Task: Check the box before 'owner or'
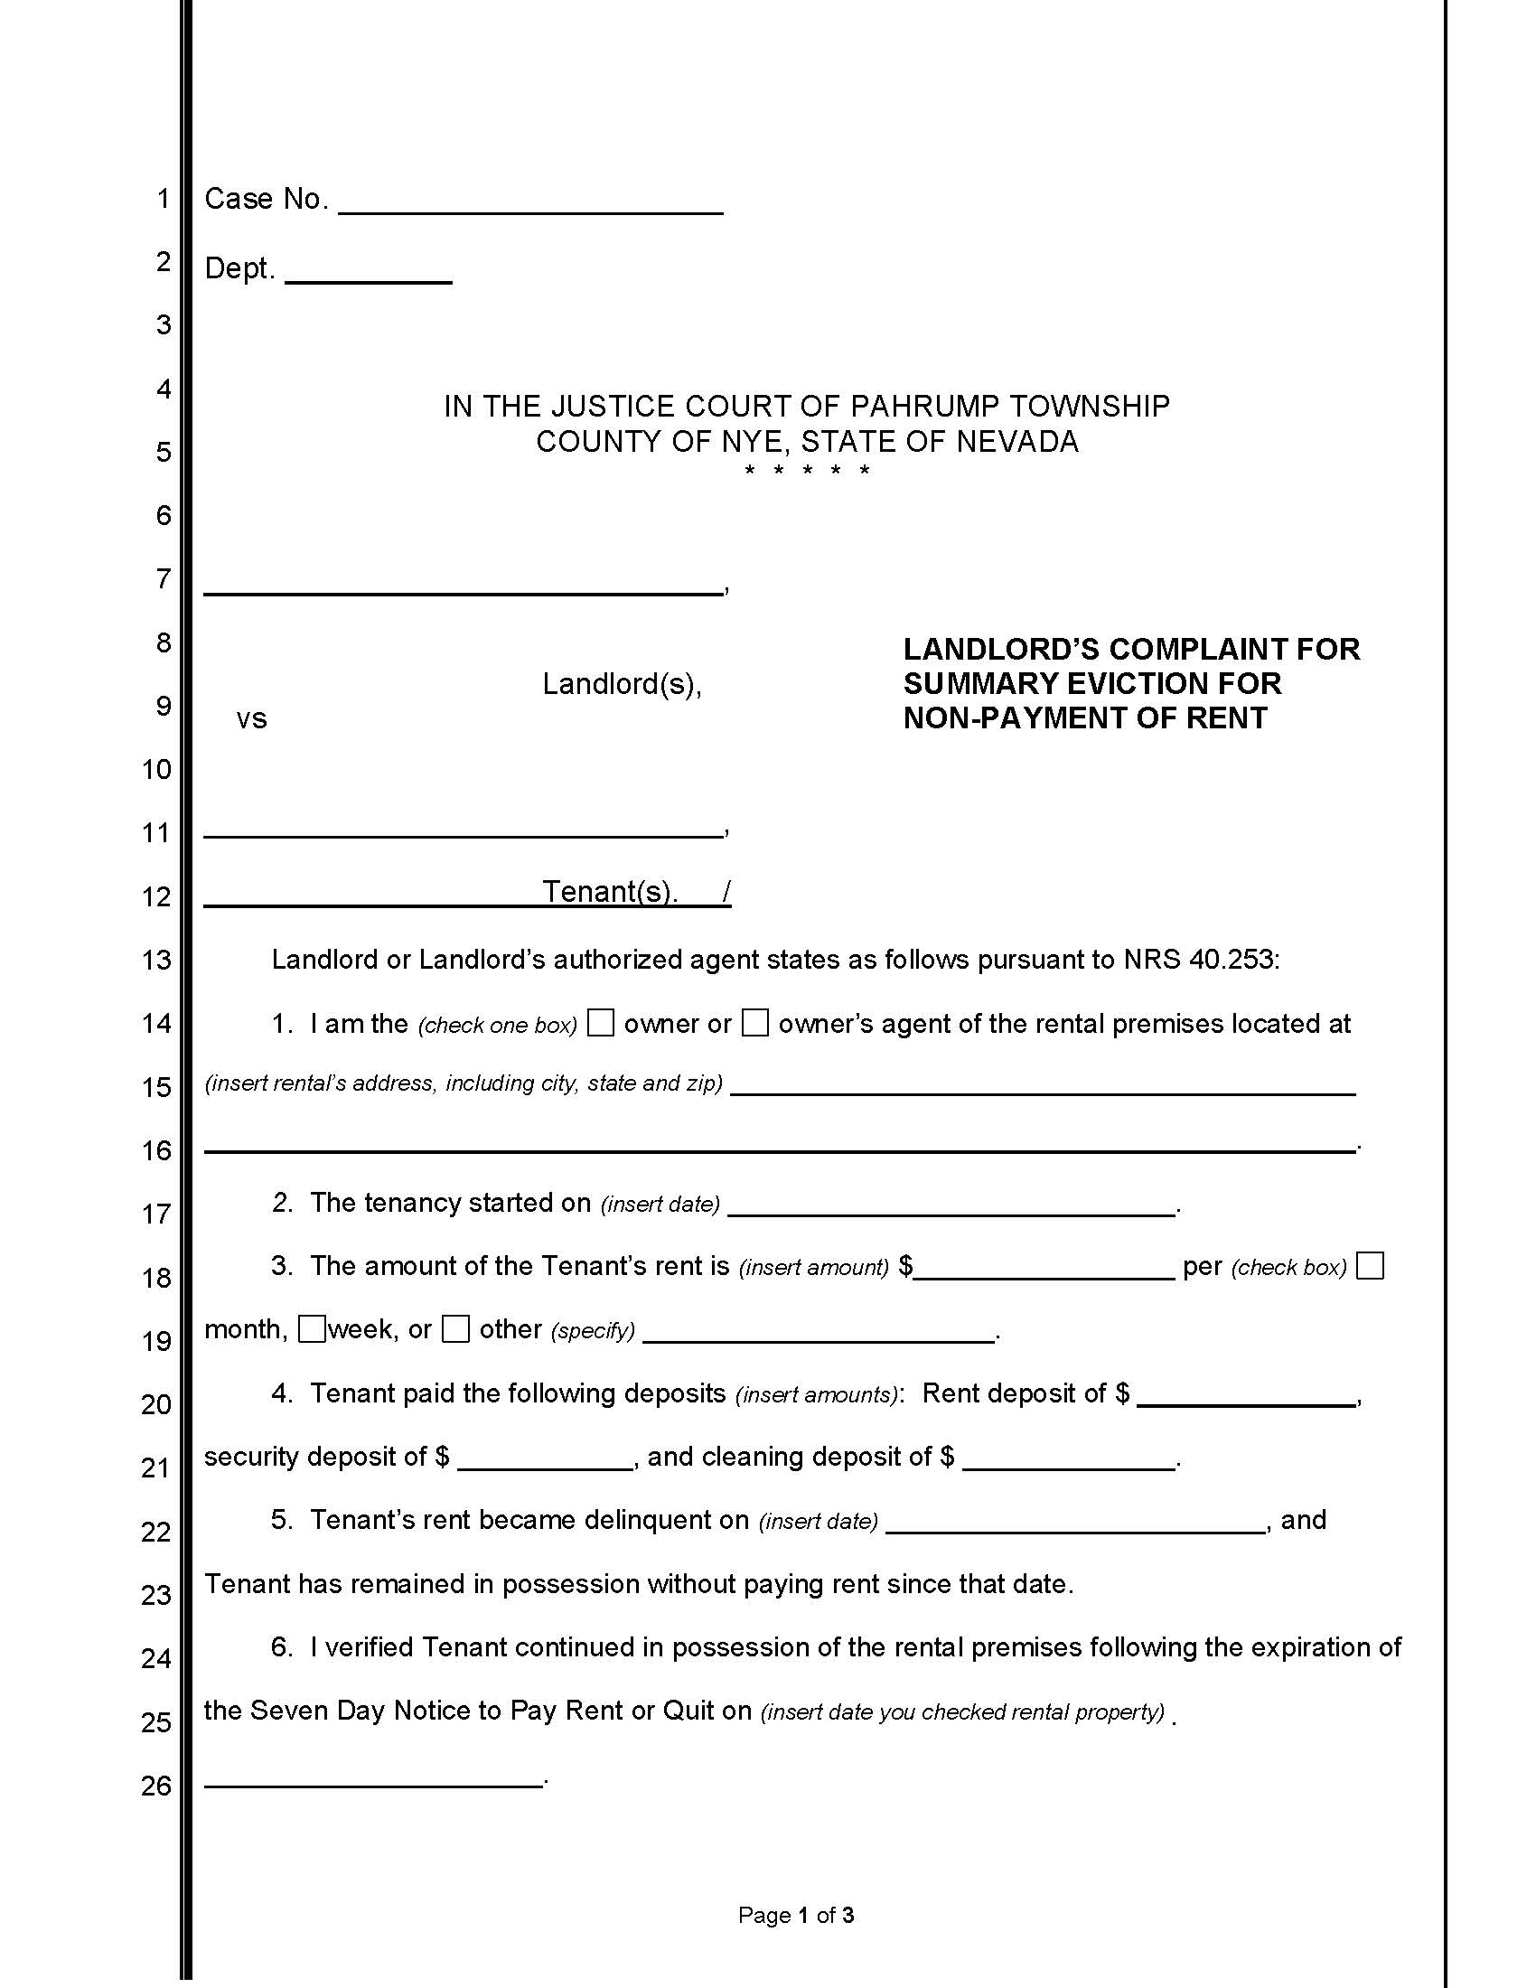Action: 601,1023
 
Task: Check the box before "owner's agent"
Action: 755,1023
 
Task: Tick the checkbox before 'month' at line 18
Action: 1370,1266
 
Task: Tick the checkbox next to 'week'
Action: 312,1329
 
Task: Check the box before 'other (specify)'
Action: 456,1329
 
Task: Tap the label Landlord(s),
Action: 622,684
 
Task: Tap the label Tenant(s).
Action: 610,891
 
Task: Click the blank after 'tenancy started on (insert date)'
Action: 951,1206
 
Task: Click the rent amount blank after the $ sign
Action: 1044,1270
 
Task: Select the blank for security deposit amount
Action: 545,1460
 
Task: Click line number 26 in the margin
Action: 155,1785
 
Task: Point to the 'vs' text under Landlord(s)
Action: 251,719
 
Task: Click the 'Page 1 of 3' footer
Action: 795,1915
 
